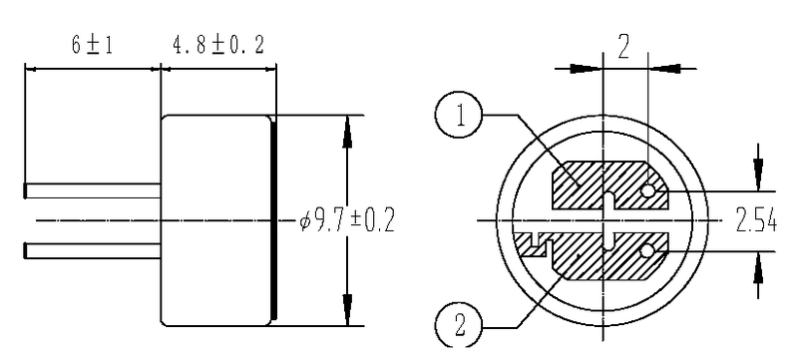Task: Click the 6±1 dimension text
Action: click(91, 48)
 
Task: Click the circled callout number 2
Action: click(460, 324)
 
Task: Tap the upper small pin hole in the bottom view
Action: click(649, 190)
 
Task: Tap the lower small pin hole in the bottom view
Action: click(649, 250)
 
